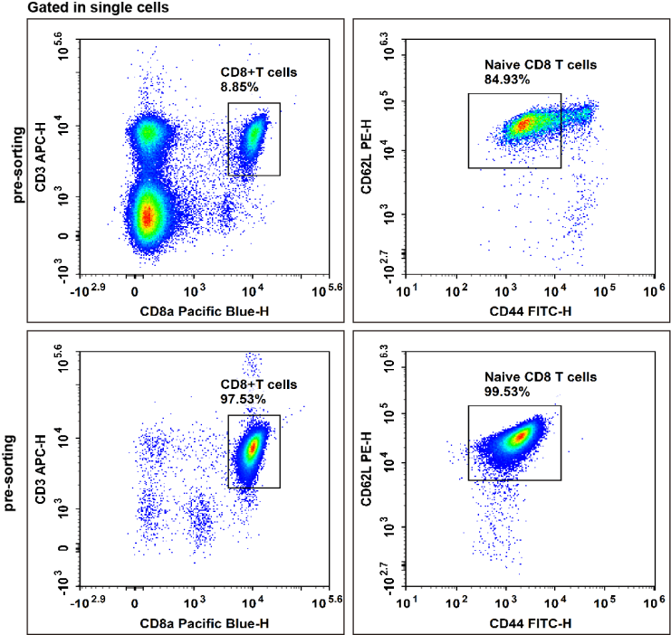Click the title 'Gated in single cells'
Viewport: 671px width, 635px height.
tap(98, 8)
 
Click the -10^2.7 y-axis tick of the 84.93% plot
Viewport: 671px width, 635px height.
tap(388, 269)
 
